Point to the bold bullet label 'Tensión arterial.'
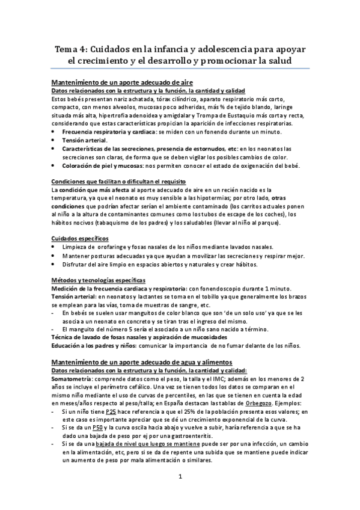[85, 140]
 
